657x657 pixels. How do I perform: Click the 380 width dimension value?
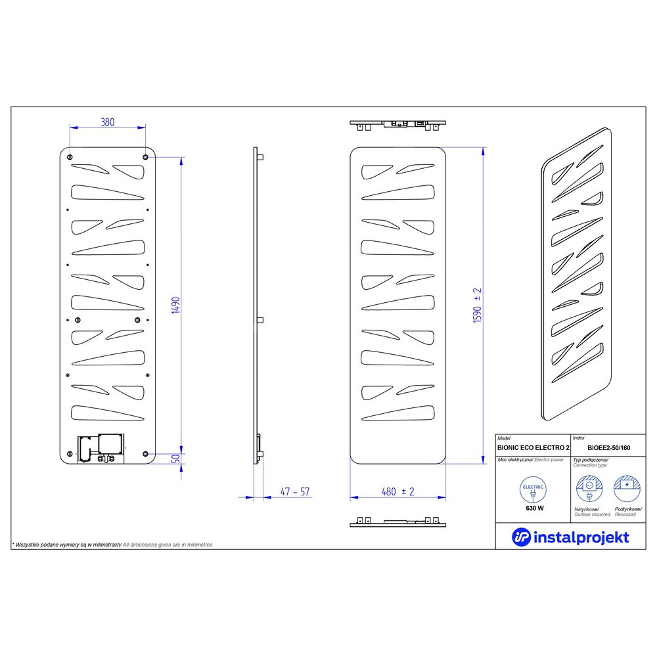point(108,122)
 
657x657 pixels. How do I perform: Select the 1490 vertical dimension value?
point(175,305)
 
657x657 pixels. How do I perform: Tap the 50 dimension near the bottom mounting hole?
point(176,459)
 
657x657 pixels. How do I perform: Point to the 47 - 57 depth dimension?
point(295,491)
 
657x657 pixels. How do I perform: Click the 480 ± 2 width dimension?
point(397,491)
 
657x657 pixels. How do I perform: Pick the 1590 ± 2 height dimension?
point(477,305)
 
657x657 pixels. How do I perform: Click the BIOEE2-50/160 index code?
point(608,448)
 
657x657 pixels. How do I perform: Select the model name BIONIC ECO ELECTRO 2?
point(533,448)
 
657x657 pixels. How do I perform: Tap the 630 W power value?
point(535,509)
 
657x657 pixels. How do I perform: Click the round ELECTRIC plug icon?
point(533,490)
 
